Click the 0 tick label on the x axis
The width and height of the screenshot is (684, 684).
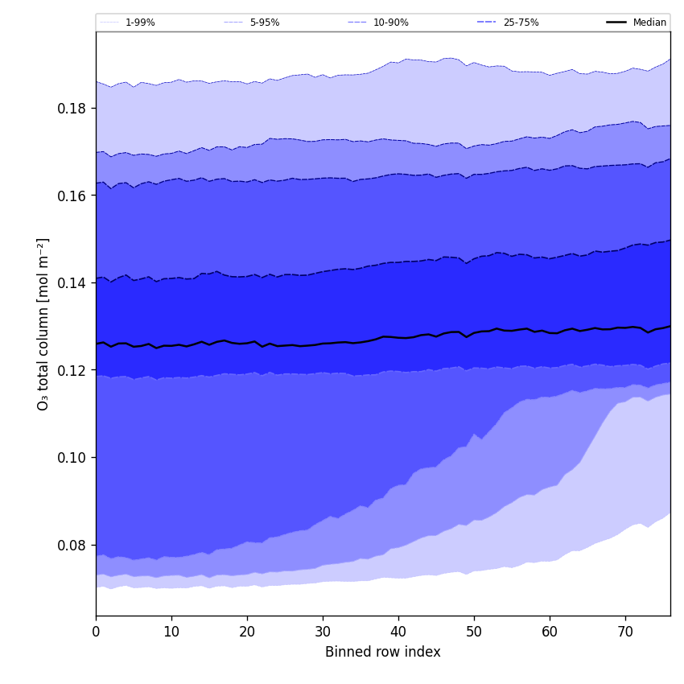[x=96, y=632]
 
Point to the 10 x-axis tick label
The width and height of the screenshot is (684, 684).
[x=171, y=632]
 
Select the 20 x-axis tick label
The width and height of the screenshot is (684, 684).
[x=247, y=632]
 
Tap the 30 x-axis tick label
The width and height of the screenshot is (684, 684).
[x=323, y=632]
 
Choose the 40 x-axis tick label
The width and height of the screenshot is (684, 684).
[x=398, y=632]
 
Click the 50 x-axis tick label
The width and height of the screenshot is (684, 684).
[x=474, y=632]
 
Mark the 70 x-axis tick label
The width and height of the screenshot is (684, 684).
[x=625, y=632]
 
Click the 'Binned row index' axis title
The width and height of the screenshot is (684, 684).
[x=383, y=653]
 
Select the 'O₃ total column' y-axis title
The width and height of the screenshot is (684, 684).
[x=43, y=323]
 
